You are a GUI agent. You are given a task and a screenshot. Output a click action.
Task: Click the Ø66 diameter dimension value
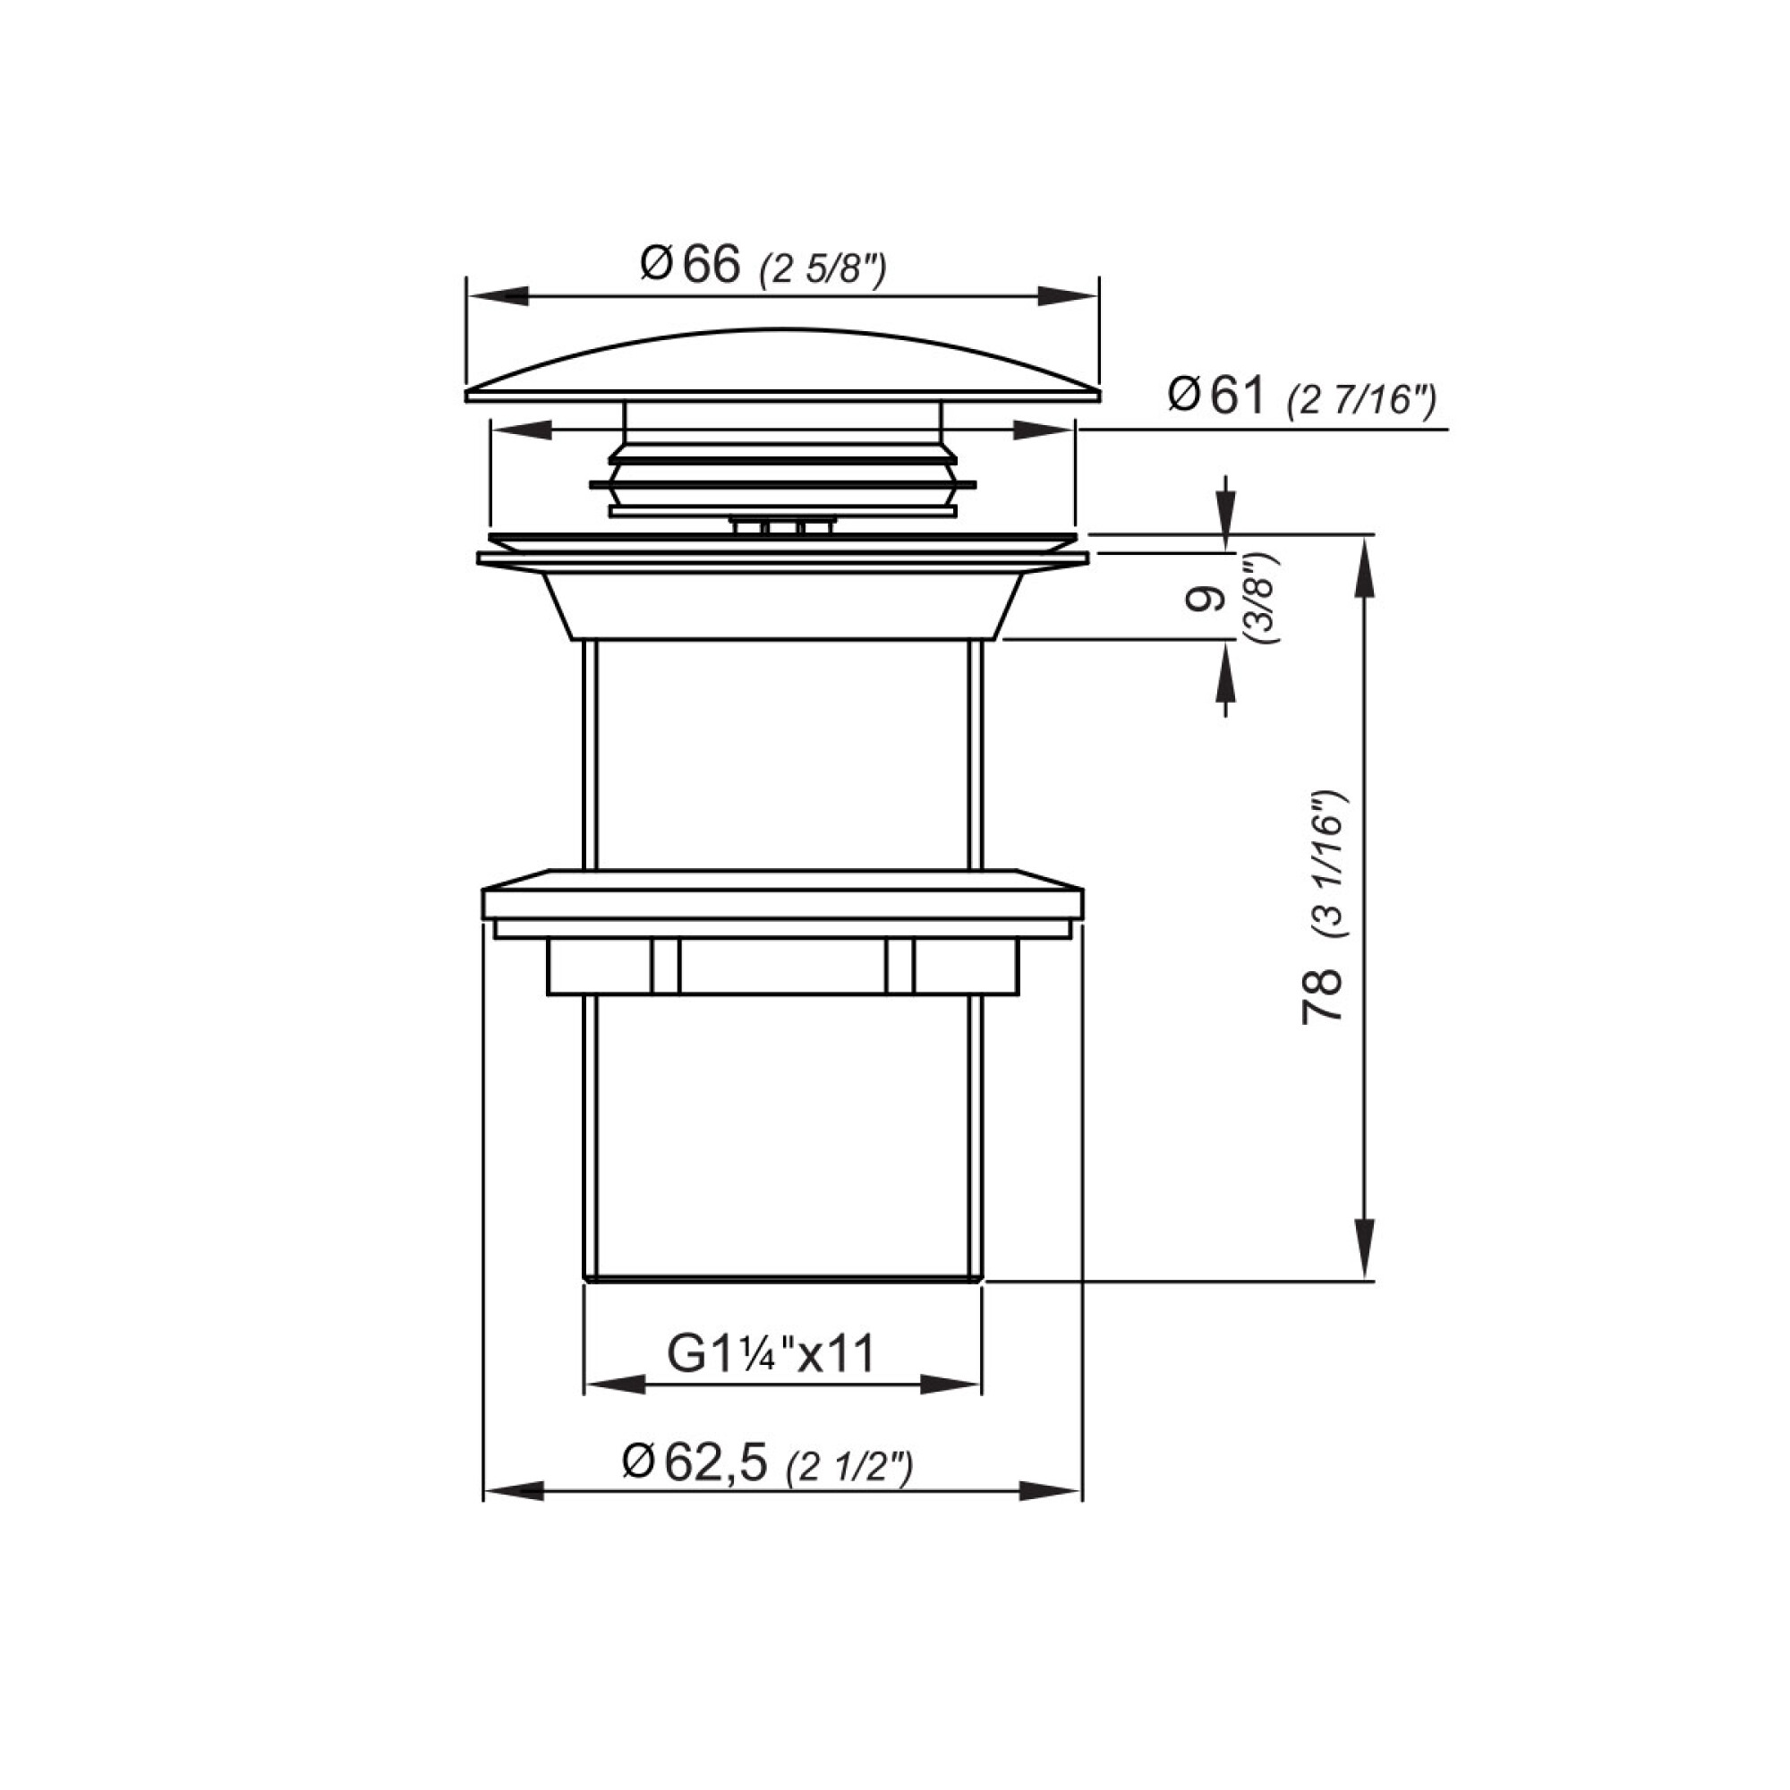point(691,265)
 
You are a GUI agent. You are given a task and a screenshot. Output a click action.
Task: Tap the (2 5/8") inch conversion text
point(823,270)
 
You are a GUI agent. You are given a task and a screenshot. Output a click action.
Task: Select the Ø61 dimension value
point(1216,396)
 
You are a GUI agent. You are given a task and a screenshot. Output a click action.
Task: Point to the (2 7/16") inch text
point(1362,402)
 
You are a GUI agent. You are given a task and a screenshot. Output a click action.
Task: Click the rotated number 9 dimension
point(1204,600)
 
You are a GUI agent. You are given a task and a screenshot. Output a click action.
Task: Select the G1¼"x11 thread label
point(771,1354)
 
